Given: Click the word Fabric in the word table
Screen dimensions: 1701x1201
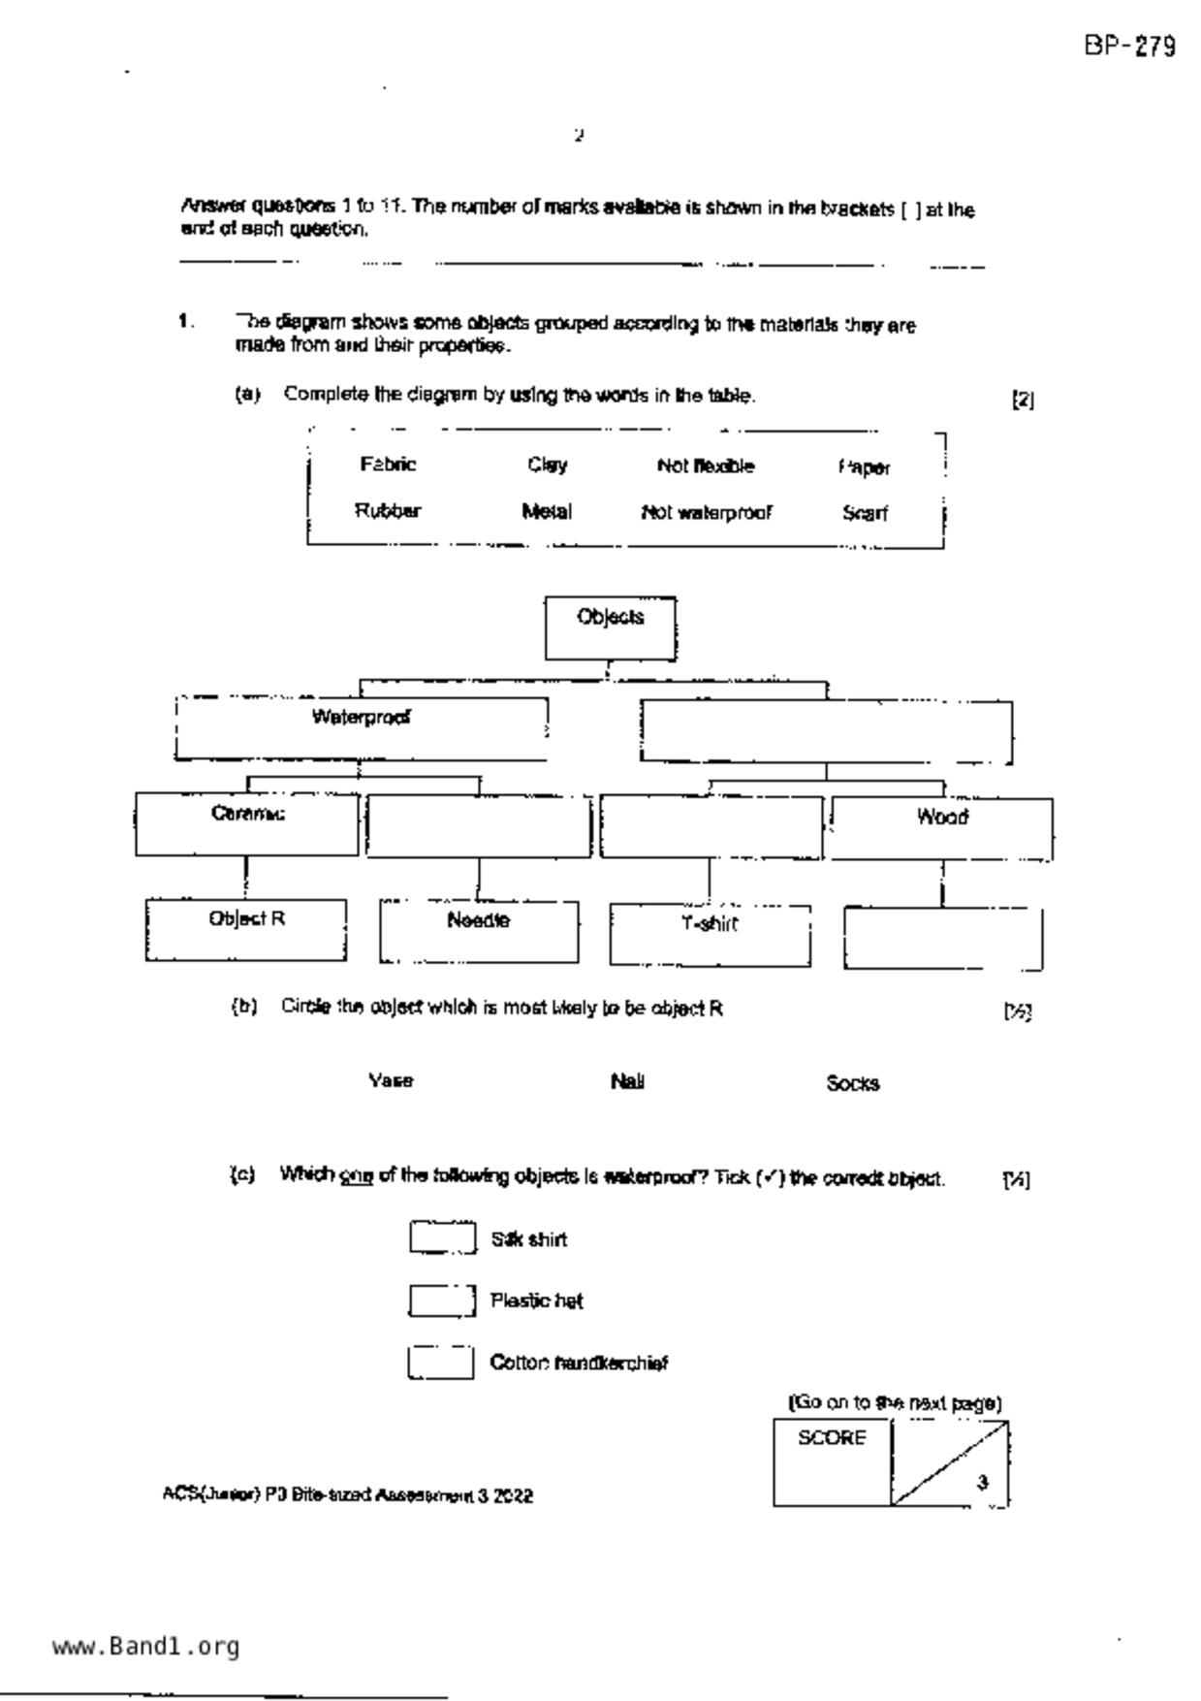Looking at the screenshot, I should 388,465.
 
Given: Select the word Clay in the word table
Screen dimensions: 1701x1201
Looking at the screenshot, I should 548,465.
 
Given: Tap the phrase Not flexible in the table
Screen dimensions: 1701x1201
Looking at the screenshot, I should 705,466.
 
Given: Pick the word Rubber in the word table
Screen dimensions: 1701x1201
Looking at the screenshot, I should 388,511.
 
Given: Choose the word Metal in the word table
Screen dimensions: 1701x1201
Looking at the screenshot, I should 547,512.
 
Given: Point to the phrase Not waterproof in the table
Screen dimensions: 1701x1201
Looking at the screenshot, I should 707,513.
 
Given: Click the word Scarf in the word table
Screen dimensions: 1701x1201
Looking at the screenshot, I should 865,513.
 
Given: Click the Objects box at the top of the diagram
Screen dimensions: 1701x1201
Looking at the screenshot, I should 611,628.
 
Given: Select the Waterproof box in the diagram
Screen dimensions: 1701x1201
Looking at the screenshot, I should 361,728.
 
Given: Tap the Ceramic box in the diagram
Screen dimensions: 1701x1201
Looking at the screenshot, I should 247,824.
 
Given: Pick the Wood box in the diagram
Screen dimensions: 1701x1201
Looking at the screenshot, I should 942,829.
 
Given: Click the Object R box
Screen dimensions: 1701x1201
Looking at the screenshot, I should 246,930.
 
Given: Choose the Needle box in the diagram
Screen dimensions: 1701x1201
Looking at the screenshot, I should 479,932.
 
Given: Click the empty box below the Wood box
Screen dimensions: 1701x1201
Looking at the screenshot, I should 942,939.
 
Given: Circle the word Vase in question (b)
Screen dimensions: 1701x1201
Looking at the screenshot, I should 391,1080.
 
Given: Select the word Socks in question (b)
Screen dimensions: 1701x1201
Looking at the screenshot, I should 853,1083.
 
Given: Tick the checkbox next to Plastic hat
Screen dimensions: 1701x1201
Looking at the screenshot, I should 442,1300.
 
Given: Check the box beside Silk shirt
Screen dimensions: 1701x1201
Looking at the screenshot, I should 442,1238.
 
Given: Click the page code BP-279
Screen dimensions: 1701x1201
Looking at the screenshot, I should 1130,47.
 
